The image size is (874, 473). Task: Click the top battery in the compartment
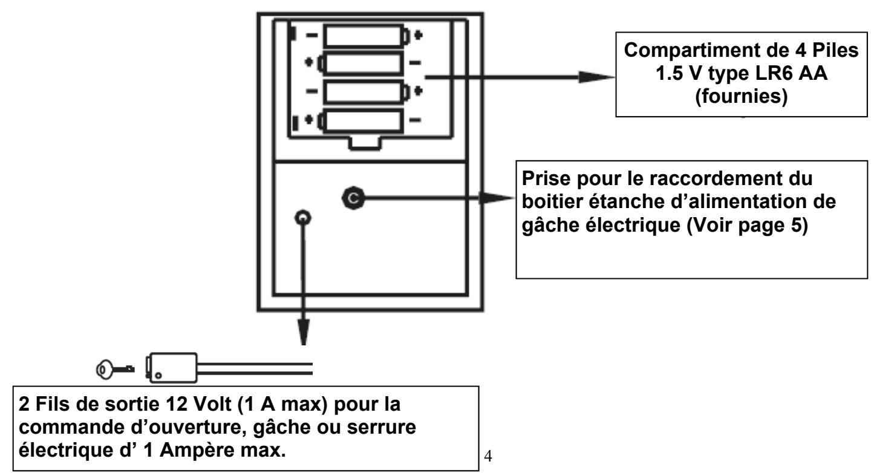click(x=365, y=36)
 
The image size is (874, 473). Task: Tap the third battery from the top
click(x=365, y=90)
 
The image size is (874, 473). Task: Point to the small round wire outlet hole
click(x=301, y=218)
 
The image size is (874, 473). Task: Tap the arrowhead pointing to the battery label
click(x=595, y=77)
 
